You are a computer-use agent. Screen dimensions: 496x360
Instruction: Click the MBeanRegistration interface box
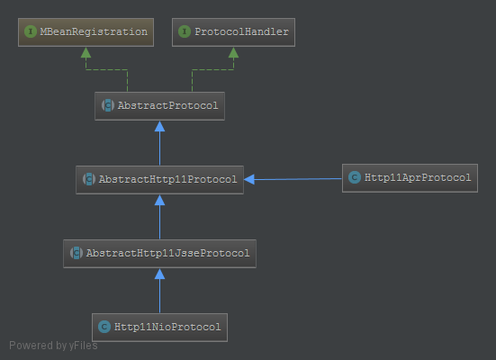pyautogui.click(x=86, y=32)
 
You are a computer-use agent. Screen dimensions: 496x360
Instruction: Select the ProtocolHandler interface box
pyautogui.click(x=233, y=32)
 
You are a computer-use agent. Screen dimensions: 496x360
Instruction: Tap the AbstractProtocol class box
pyautogui.click(x=159, y=106)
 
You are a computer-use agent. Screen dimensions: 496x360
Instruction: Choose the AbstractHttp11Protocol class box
pyautogui.click(x=159, y=180)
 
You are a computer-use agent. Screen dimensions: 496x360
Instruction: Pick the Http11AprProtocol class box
pyautogui.click(x=410, y=178)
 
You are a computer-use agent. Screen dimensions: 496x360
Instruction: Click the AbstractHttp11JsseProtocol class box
pyautogui.click(x=159, y=254)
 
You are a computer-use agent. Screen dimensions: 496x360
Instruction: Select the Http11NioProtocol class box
pyautogui.click(x=159, y=328)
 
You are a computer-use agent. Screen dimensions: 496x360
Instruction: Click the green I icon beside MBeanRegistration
pyautogui.click(x=31, y=31)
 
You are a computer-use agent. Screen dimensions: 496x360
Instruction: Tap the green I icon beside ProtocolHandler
pyautogui.click(x=185, y=31)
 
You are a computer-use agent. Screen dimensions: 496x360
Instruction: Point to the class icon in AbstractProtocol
pyautogui.click(x=108, y=105)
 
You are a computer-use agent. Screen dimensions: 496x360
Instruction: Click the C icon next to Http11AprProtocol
pyautogui.click(x=355, y=177)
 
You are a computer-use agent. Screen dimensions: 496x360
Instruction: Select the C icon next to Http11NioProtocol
pyautogui.click(x=104, y=327)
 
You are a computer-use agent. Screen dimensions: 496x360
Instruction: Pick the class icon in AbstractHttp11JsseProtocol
pyautogui.click(x=77, y=253)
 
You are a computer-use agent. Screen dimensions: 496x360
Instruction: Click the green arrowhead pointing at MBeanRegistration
pyautogui.click(x=86, y=52)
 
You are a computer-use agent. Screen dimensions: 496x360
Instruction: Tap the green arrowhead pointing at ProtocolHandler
pyautogui.click(x=233, y=52)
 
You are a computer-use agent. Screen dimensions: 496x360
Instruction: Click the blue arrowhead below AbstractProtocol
pyautogui.click(x=159, y=126)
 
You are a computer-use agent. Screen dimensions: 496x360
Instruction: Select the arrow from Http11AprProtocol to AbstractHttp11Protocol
pyautogui.click(x=293, y=179)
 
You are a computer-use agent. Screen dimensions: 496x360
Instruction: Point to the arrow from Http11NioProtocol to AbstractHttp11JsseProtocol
pyautogui.click(x=159, y=291)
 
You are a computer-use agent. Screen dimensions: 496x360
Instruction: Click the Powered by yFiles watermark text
pyautogui.click(x=53, y=346)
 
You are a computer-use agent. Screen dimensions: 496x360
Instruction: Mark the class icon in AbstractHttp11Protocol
pyautogui.click(x=89, y=179)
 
